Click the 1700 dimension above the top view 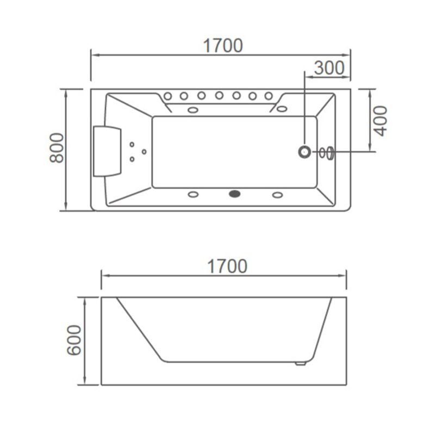point(223,46)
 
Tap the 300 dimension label point(330,67)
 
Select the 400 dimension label point(380,121)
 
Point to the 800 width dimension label point(57,148)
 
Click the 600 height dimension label point(74,340)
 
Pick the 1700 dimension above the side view point(227,266)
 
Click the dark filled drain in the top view point(235,194)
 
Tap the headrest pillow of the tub point(107,151)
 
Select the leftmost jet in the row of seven point(167,96)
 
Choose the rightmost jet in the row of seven point(269,96)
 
